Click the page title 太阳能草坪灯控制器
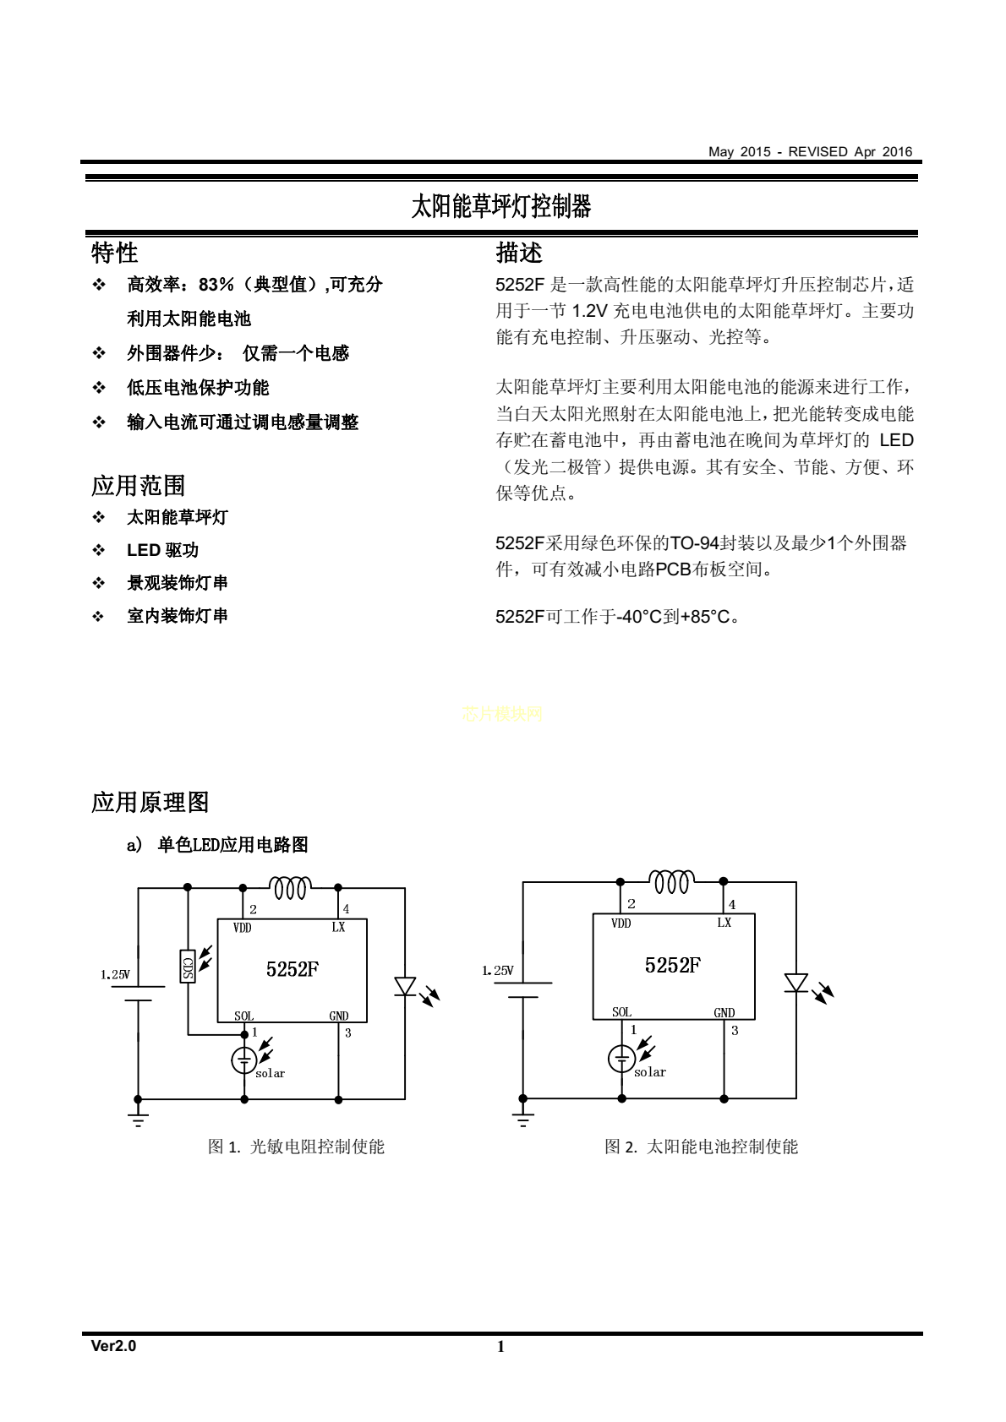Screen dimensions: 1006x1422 coord(501,206)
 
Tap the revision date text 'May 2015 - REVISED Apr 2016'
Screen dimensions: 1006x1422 coord(811,152)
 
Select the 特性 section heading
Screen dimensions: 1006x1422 coord(114,253)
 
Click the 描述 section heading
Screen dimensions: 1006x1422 coord(519,253)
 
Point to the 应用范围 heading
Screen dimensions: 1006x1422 coord(138,486)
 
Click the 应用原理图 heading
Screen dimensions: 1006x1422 coord(150,803)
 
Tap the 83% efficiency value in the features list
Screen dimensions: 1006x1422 coord(216,285)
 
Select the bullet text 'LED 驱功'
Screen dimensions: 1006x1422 coord(162,550)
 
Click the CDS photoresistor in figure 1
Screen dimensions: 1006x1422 coord(188,966)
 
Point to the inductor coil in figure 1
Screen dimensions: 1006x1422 coord(290,887)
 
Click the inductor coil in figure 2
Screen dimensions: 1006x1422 coord(671,882)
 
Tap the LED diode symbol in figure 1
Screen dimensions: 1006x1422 coord(405,987)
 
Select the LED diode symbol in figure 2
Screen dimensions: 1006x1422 coord(796,983)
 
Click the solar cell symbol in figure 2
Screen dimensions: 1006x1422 coord(621,1058)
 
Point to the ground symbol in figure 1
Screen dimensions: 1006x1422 coord(138,1120)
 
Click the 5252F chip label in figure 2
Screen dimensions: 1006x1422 coord(673,966)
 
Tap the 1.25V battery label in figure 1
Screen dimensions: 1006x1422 coord(116,974)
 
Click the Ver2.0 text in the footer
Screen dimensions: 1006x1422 coord(113,1346)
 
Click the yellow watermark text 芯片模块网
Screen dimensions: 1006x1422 coord(502,714)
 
